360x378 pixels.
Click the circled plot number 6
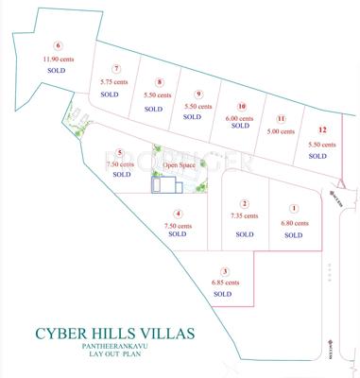point(58,44)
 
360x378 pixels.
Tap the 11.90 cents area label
point(58,59)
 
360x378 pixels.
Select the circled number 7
point(115,68)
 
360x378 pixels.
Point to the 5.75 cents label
point(113,81)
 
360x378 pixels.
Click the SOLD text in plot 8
point(153,110)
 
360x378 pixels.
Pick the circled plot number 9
point(197,93)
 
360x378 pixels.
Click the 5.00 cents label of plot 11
point(282,131)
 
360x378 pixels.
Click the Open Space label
point(179,164)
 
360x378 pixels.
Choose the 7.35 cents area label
point(244,216)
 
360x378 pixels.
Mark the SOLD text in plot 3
point(223,294)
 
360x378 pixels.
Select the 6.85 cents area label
point(223,282)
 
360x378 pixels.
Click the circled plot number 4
point(178,214)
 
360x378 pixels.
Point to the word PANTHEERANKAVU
point(113,347)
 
